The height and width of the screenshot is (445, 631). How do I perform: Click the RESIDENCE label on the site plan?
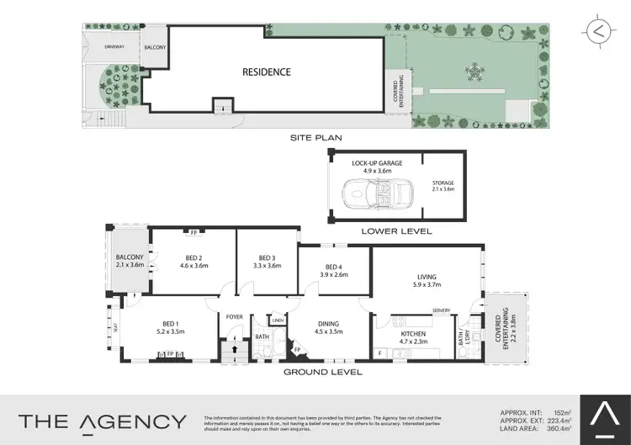[x=267, y=72]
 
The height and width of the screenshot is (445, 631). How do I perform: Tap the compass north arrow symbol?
[x=597, y=31]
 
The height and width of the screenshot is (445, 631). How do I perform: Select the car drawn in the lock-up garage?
[x=374, y=192]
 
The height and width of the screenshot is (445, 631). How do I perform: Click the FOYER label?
[x=233, y=317]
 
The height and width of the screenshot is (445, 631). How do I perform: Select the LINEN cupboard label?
[x=278, y=321]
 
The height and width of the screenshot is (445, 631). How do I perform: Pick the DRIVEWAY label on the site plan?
[x=114, y=47]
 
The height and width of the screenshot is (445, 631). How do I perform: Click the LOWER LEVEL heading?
[x=396, y=230]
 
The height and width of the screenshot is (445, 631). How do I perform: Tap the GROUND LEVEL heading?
[x=323, y=371]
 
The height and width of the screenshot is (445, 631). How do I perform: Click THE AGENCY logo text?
[x=103, y=421]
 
